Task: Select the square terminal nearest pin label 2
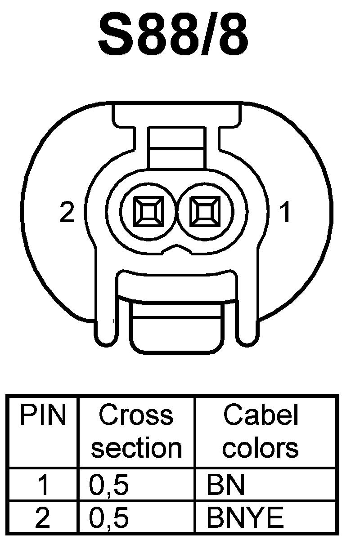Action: [x=147, y=212]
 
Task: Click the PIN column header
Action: [x=43, y=416]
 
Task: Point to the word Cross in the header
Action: [x=136, y=415]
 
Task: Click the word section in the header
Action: [x=136, y=448]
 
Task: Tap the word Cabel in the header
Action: [x=261, y=415]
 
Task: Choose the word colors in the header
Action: [x=261, y=448]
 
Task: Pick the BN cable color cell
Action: [x=225, y=486]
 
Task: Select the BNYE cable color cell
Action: [x=245, y=518]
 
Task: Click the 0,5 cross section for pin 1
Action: [x=109, y=486]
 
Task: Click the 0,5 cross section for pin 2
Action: [x=109, y=518]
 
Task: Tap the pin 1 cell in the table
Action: [x=43, y=486]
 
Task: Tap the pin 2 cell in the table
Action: [x=43, y=518]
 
